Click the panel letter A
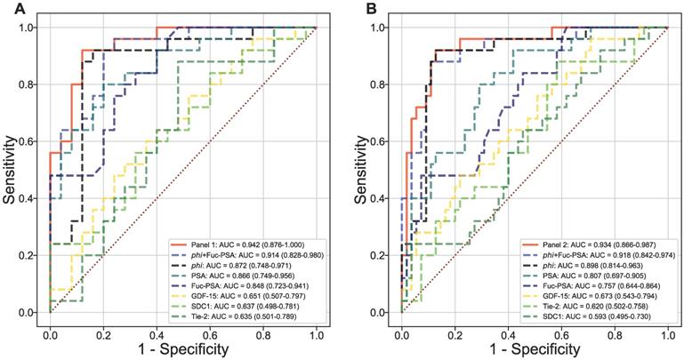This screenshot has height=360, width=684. [8, 8]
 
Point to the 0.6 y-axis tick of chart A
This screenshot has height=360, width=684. [30, 142]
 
